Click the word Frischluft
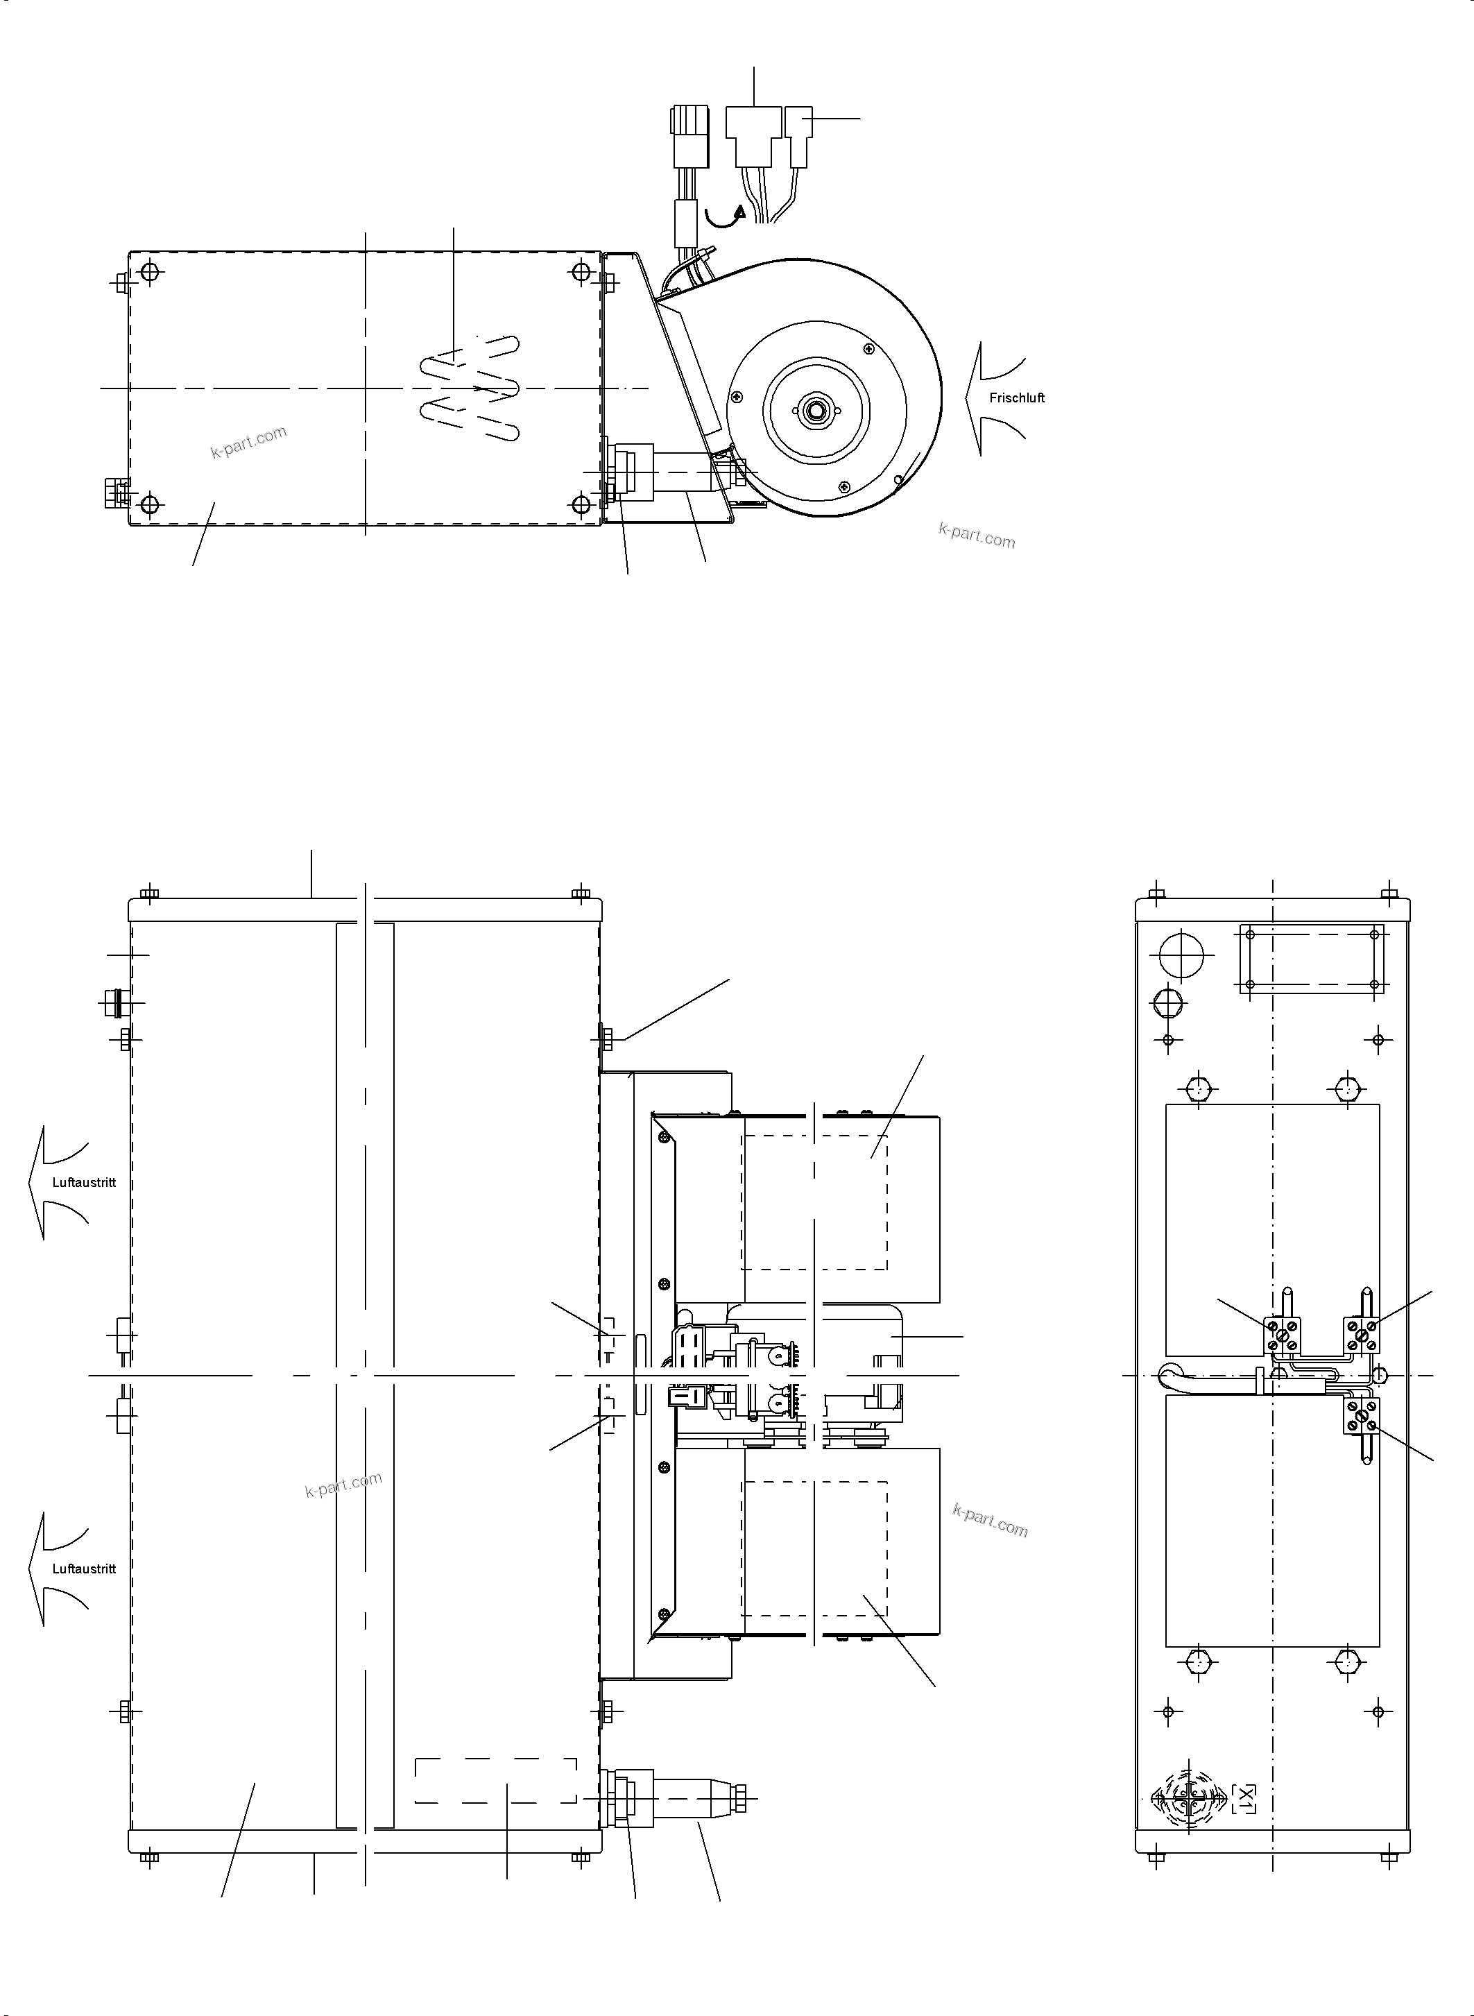1016,398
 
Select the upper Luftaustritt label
84,1182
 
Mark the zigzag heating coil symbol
470,387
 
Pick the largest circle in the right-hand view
1181,957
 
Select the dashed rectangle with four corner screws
1311,959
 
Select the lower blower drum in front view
841,1540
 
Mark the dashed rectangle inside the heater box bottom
496,1780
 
